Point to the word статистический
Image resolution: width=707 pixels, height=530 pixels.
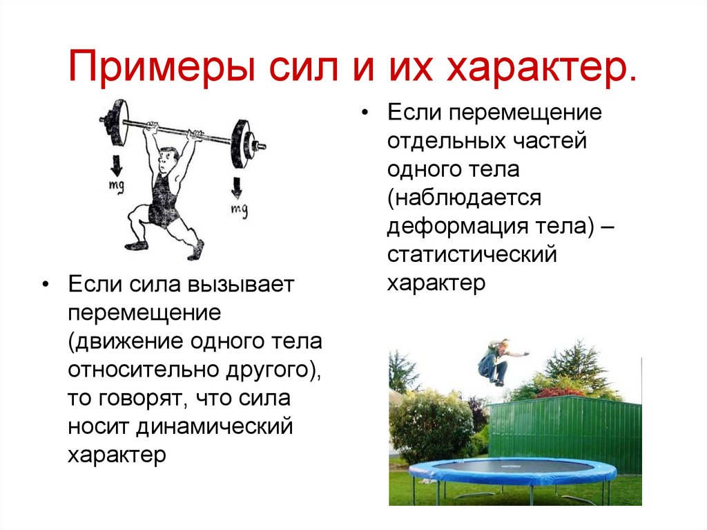[x=472, y=255]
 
